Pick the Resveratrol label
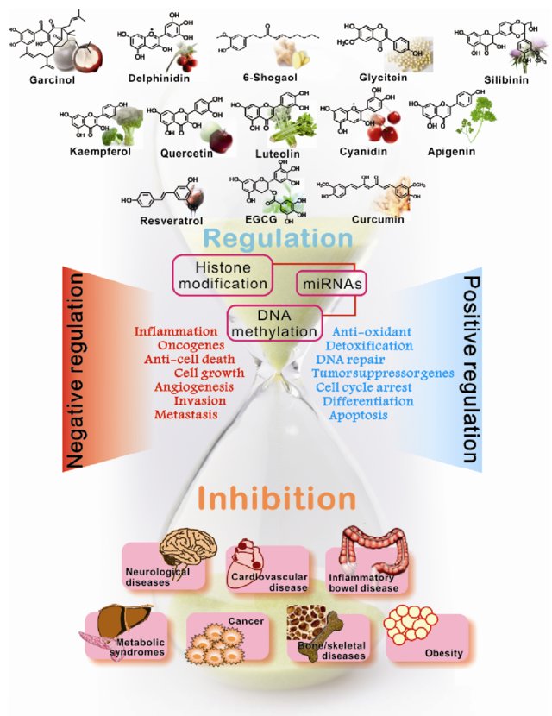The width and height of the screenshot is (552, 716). click(165, 221)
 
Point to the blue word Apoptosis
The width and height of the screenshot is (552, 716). click(357, 415)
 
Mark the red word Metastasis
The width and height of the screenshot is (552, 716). click(185, 415)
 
